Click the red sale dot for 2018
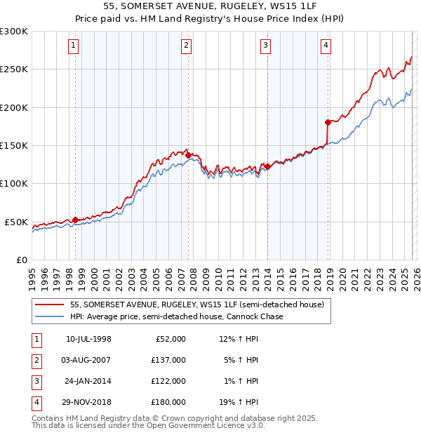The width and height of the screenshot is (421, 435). (x=328, y=122)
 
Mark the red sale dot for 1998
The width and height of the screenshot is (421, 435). (x=75, y=220)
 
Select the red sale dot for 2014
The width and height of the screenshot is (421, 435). (x=267, y=166)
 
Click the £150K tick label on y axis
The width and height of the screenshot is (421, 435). (x=14, y=145)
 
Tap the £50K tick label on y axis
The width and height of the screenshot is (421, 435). (x=16, y=222)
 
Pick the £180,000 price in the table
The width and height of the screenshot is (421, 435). (x=169, y=403)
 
